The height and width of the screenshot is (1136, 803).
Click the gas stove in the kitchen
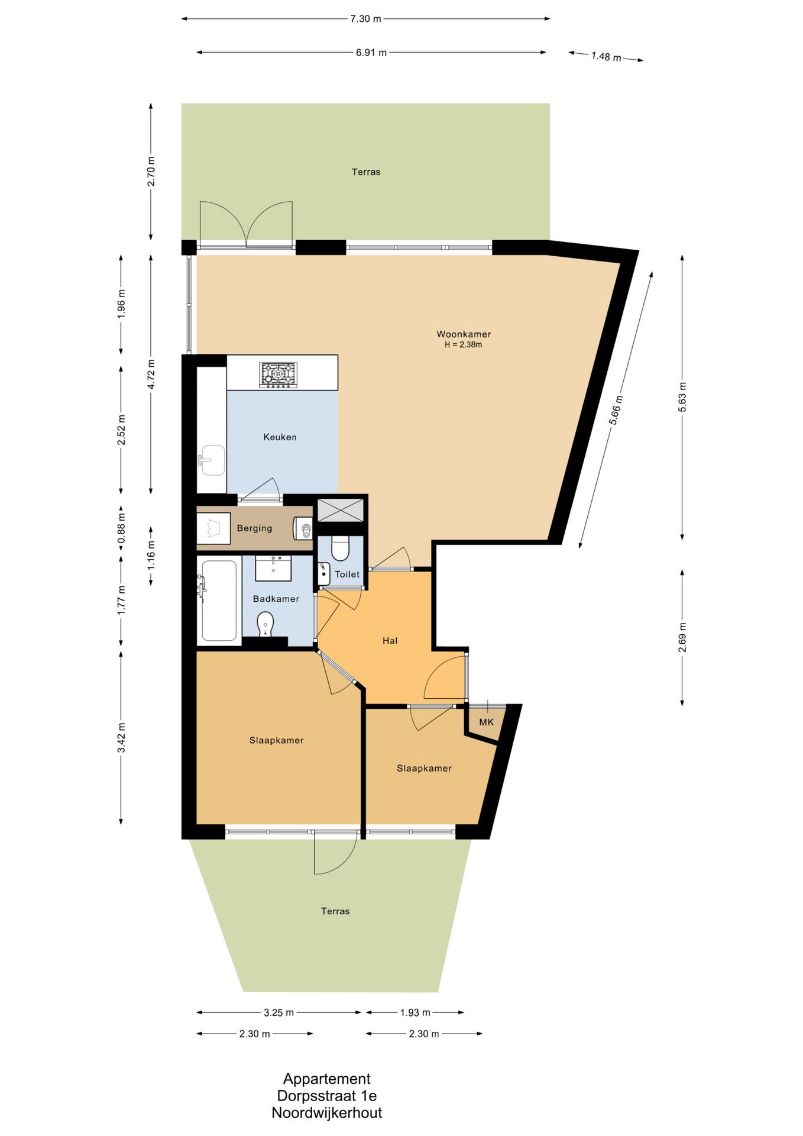coord(279,375)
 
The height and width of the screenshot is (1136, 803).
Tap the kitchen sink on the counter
coord(211,460)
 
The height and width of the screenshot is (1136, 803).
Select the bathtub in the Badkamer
coord(218,601)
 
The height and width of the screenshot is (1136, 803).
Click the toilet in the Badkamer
coord(266,624)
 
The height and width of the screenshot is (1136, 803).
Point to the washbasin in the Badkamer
coord(273,569)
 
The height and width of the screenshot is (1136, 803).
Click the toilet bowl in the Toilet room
coord(340,548)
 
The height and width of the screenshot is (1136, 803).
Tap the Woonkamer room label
coord(464,334)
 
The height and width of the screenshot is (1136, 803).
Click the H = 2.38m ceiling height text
coord(464,345)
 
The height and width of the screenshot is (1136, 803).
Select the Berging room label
coord(254,528)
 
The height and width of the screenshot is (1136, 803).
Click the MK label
coord(486,722)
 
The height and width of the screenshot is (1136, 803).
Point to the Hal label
coord(390,640)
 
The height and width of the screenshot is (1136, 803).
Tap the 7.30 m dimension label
coord(365,19)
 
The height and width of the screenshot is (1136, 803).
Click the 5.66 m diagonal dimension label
coord(616,410)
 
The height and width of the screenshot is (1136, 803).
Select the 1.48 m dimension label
coord(606,57)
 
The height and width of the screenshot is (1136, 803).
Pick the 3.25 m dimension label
coord(279,1012)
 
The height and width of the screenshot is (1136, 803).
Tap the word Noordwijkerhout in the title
coord(327,1113)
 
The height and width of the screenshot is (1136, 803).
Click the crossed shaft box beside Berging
coord(341,510)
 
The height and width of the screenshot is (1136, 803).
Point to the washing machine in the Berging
coord(213,528)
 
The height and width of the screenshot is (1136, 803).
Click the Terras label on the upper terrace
coord(366,172)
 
